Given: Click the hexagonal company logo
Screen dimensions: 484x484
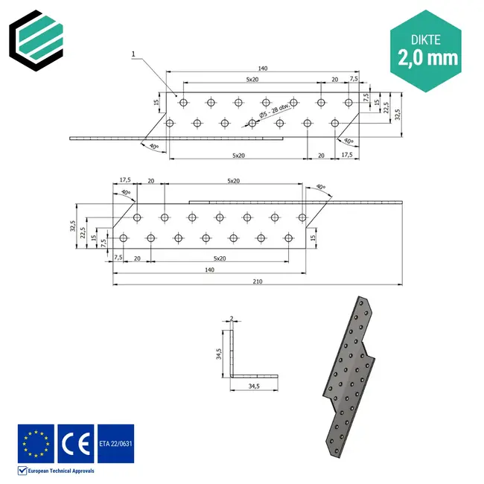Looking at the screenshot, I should pyautogui.click(x=37, y=37).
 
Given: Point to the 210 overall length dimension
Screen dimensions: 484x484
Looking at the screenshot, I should pyautogui.click(x=257, y=281).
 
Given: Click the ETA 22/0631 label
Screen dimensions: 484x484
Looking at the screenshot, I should pyautogui.click(x=115, y=444).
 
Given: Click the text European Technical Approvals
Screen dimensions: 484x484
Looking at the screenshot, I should pyautogui.click(x=61, y=471).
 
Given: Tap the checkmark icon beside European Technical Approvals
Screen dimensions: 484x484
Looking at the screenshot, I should pyautogui.click(x=22, y=471).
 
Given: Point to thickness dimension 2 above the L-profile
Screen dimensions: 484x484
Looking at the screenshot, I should pyautogui.click(x=232, y=318).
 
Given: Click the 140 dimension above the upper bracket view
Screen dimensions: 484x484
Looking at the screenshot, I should pyautogui.click(x=263, y=69).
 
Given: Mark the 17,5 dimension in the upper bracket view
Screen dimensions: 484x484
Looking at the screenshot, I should pyautogui.click(x=346, y=155).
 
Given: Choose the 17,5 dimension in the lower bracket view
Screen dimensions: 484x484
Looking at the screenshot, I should pyautogui.click(x=125, y=179).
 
